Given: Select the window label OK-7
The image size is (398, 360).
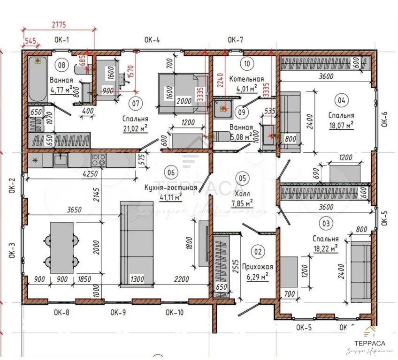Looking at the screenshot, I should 235,40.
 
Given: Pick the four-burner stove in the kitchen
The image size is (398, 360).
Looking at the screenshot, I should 98,160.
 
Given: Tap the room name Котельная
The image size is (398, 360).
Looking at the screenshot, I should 246,79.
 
